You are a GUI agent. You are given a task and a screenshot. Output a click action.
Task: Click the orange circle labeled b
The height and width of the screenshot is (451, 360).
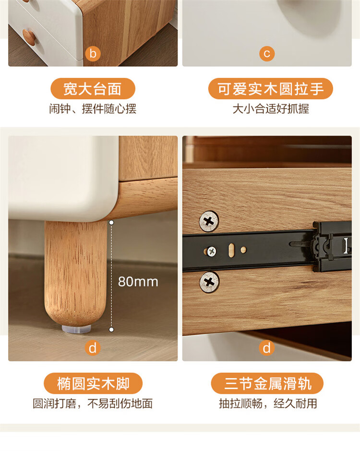tap(93, 53)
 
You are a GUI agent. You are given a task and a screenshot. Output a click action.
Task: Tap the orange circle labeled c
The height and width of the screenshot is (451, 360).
tap(267, 53)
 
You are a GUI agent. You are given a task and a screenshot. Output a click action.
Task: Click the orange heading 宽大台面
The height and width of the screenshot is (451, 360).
tap(93, 88)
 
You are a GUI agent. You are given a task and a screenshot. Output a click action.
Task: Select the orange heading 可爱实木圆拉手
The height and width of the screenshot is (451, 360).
tap(271, 88)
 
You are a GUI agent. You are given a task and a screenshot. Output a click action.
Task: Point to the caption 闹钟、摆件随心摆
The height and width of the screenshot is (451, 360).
tap(93, 109)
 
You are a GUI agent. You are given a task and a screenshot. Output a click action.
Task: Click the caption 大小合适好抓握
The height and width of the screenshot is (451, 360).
tap(271, 109)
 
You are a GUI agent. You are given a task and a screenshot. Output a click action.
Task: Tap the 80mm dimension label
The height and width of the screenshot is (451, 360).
tap(138, 282)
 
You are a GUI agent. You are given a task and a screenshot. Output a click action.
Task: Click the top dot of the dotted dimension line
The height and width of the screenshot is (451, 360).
tap(111, 222)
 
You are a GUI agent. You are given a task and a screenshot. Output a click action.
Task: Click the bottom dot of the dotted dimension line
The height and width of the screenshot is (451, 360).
tap(111, 329)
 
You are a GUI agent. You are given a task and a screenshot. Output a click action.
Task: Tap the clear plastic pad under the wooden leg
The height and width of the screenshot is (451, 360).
tap(76, 329)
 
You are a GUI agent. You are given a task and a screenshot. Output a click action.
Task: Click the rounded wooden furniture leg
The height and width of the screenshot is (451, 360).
tap(76, 273)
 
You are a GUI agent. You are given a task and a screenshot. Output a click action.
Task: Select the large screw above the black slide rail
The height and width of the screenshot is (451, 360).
tap(209, 221)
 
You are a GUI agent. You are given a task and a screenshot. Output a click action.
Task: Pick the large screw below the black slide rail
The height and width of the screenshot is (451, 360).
tap(209, 282)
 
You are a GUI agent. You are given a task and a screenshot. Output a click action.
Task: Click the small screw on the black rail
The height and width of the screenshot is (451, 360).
tap(212, 251)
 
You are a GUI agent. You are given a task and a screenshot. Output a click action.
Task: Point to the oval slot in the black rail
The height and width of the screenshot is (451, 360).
tap(231, 250)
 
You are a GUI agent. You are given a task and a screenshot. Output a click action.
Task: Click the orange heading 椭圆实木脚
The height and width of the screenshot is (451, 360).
tap(93, 383)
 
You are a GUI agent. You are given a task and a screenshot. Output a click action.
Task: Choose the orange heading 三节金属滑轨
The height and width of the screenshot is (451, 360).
tap(267, 383)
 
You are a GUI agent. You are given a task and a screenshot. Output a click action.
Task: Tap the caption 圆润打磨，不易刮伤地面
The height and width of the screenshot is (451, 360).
tap(93, 403)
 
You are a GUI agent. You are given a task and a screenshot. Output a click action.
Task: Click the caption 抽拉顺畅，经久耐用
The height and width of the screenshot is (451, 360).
tap(268, 403)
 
